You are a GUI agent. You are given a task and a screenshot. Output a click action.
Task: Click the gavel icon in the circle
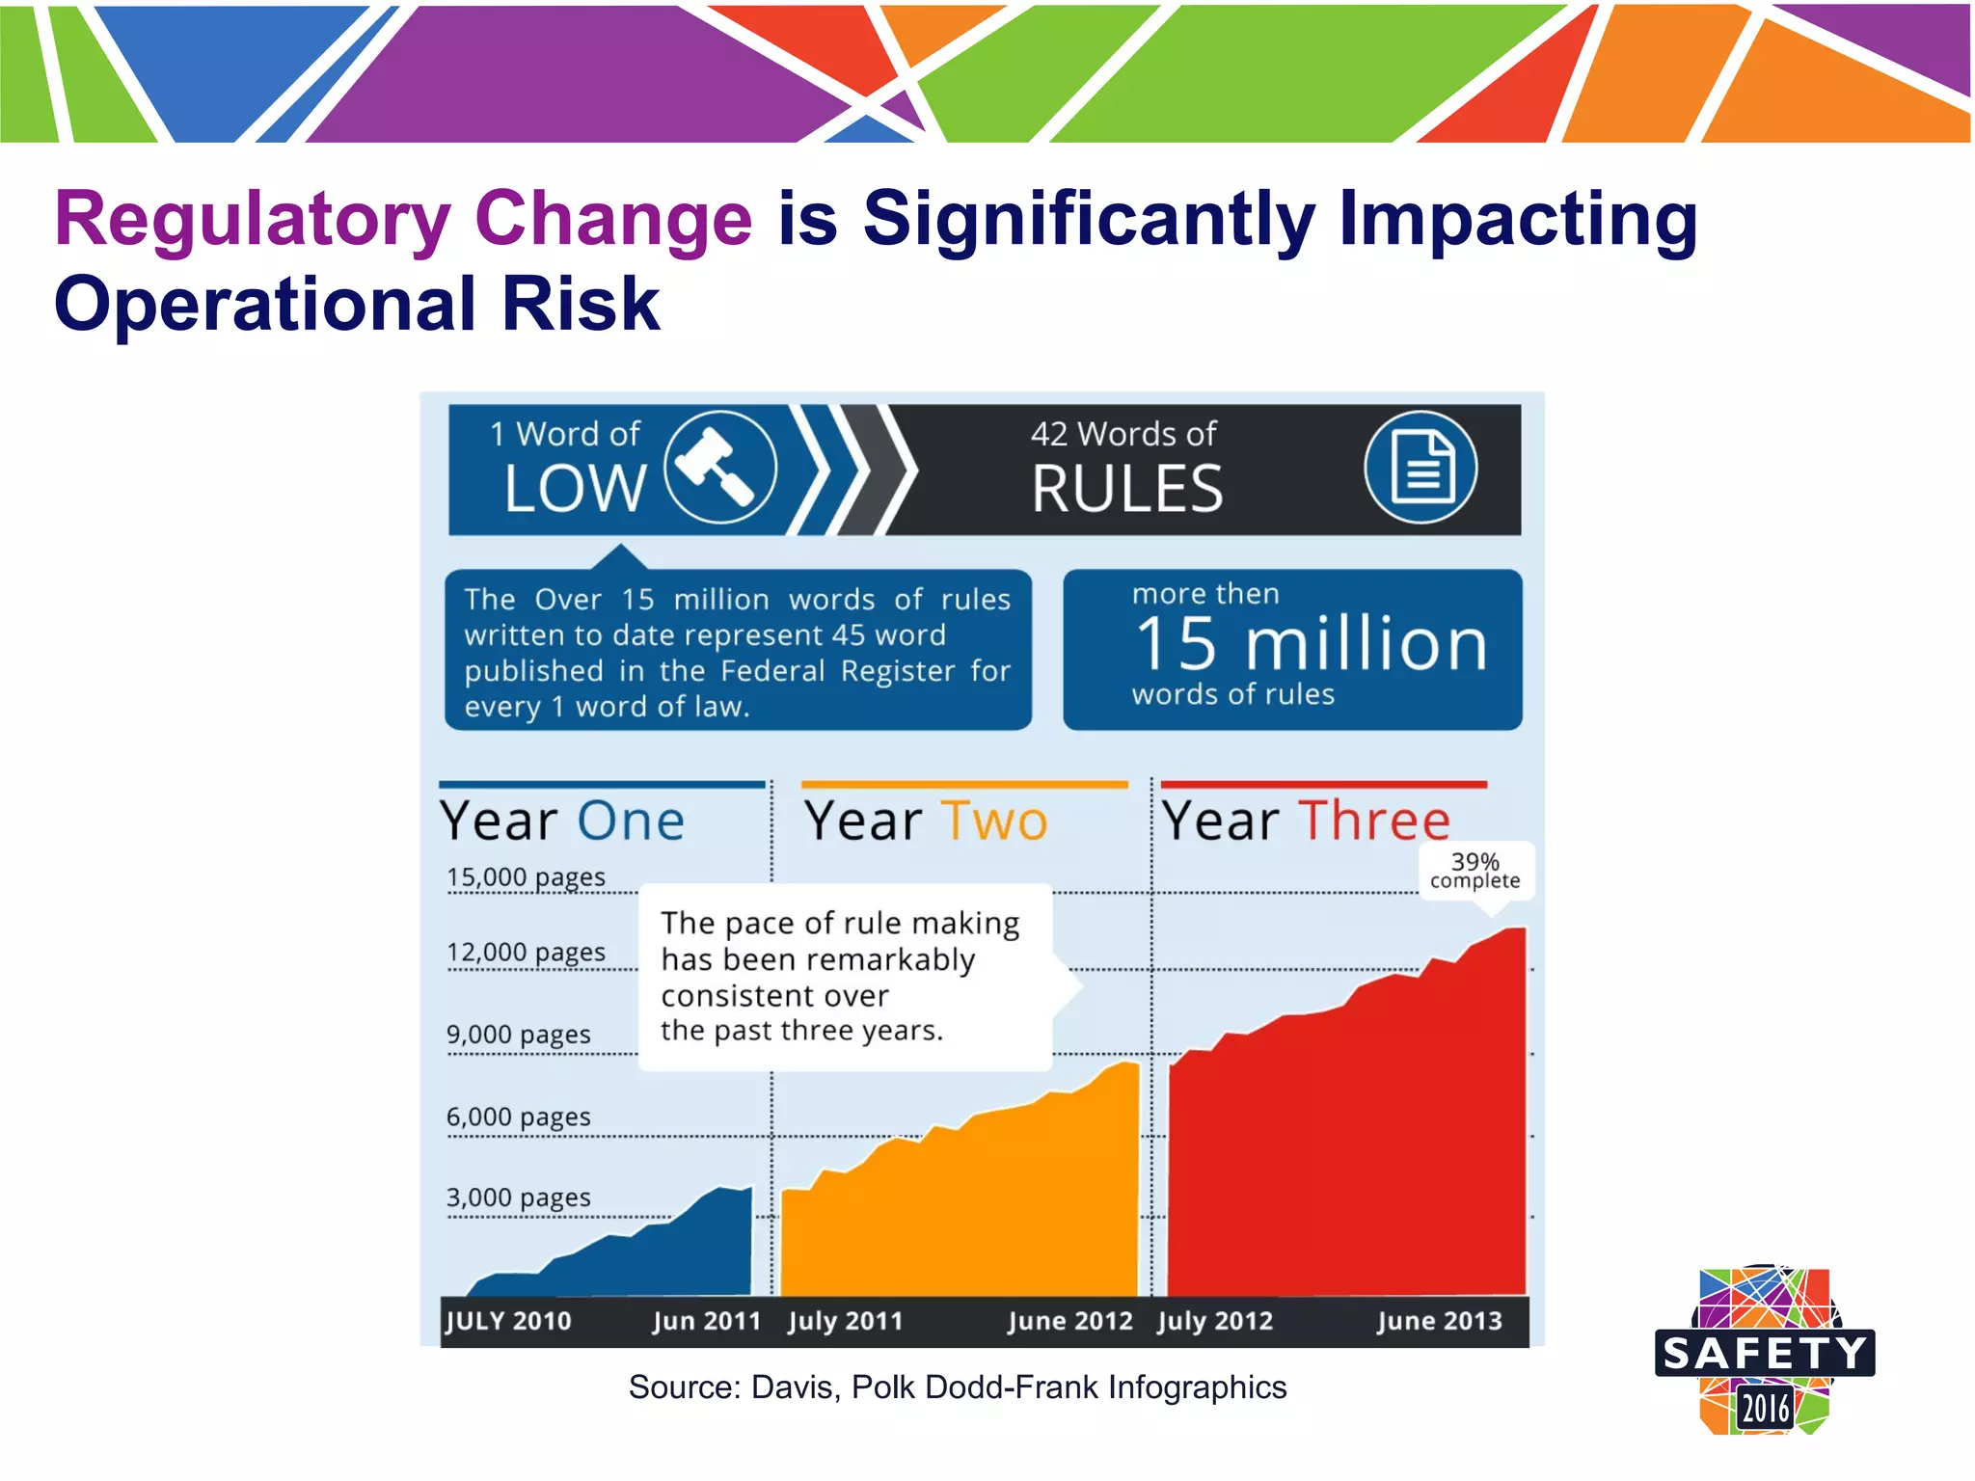720,468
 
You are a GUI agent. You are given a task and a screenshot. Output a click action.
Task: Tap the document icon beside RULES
1420,468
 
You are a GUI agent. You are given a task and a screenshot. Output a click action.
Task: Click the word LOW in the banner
575,488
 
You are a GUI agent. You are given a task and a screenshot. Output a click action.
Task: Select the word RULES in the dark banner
1126,489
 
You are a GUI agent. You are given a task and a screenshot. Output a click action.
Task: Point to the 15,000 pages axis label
526,876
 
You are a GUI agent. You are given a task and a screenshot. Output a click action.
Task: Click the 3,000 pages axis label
518,1197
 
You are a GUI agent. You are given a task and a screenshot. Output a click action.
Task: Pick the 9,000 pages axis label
518,1034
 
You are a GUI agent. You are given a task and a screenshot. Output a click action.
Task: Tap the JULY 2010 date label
508,1320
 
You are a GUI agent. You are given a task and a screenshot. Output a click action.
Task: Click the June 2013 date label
1439,1320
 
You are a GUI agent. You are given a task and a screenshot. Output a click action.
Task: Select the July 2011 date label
845,1320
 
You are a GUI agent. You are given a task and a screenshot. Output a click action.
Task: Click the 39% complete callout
1474,870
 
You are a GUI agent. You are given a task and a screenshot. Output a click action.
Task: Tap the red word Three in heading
1374,821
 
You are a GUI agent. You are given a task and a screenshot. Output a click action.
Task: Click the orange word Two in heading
994,821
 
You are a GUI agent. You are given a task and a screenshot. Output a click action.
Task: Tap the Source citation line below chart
957,1387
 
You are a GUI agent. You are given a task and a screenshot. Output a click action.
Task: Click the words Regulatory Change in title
403,219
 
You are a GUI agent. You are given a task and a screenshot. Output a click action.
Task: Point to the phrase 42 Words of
1123,434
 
